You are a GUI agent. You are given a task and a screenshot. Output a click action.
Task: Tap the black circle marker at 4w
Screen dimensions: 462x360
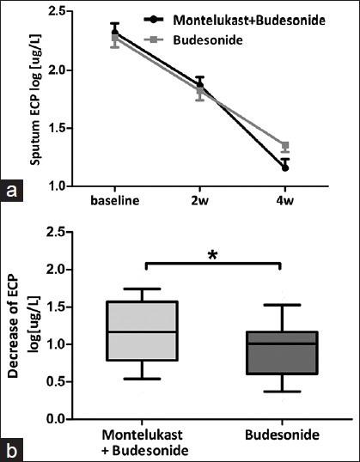pyautogui.click(x=284, y=167)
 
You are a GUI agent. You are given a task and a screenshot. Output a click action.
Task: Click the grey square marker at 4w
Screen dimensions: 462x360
pyautogui.click(x=284, y=146)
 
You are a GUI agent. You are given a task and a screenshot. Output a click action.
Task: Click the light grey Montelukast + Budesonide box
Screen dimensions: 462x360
pyautogui.click(x=148, y=331)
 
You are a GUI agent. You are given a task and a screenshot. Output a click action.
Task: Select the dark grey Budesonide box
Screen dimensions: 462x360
pyautogui.click(x=282, y=353)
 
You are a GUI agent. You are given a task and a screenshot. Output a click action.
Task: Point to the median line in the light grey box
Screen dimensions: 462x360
pyautogui.click(x=148, y=331)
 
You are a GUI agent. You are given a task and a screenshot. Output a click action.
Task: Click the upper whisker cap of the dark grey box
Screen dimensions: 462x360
pyautogui.click(x=282, y=305)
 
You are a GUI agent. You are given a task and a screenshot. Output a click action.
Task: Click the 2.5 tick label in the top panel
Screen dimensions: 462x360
pyautogui.click(x=71, y=12)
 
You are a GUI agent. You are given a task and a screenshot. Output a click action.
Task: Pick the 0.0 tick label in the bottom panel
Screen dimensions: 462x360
pyautogui.click(x=71, y=419)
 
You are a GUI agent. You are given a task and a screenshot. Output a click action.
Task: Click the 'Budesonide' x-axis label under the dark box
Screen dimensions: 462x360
pyautogui.click(x=282, y=436)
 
